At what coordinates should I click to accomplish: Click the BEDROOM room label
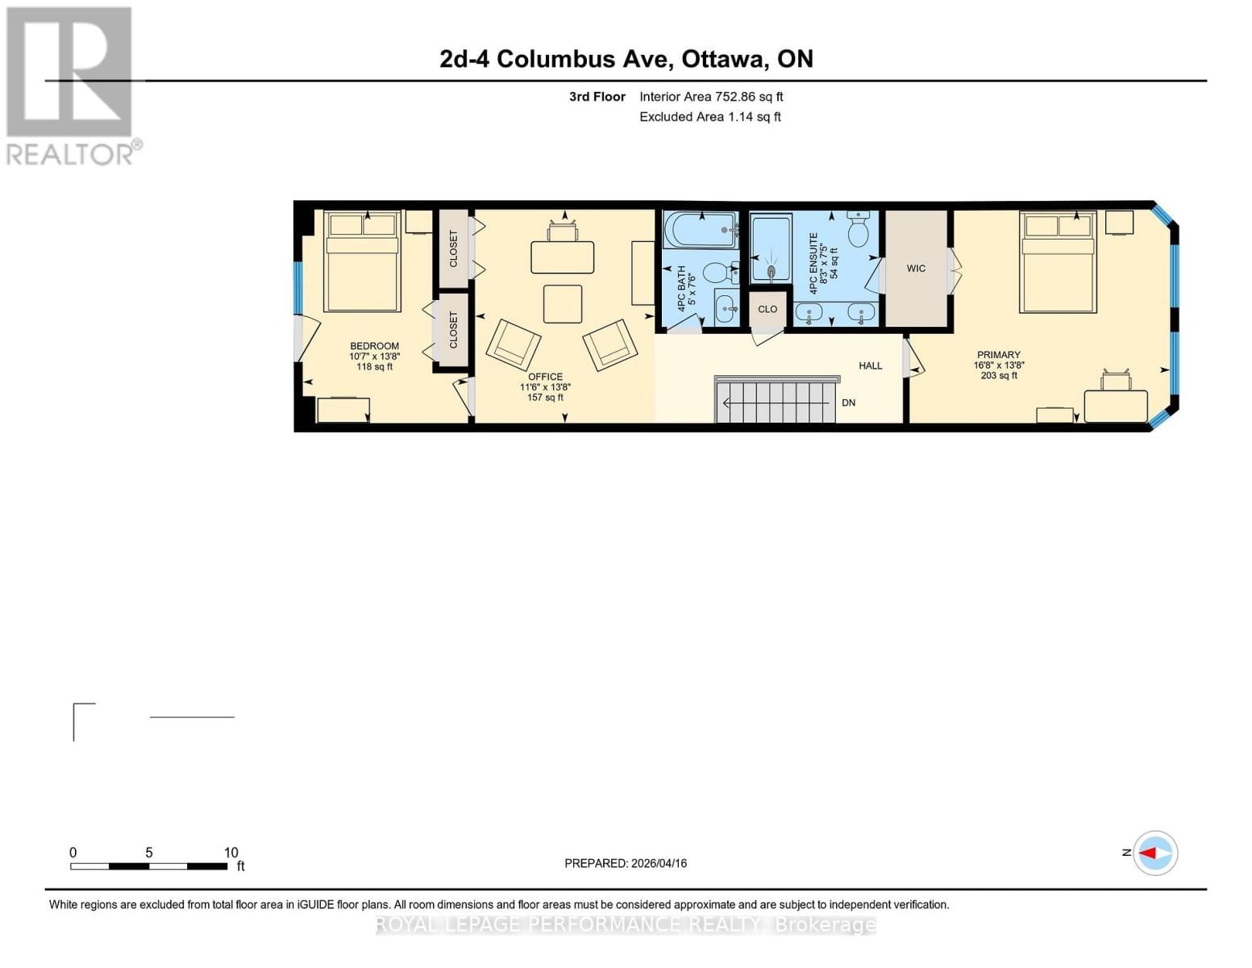pyautogui.click(x=374, y=346)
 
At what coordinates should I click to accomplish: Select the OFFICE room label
pyautogui.click(x=545, y=377)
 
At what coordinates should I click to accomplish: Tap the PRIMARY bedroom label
pyautogui.click(x=998, y=355)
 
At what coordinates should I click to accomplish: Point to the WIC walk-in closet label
pyautogui.click(x=916, y=269)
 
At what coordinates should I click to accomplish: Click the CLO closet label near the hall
pyautogui.click(x=767, y=309)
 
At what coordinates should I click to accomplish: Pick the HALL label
pyautogui.click(x=870, y=365)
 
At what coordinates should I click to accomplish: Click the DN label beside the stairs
pyautogui.click(x=848, y=403)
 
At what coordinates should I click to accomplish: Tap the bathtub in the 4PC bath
pyautogui.click(x=699, y=230)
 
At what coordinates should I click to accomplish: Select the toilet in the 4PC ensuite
pyautogui.click(x=858, y=230)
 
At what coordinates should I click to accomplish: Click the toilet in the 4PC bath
pyautogui.click(x=717, y=273)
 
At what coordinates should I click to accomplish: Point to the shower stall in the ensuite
pyautogui.click(x=770, y=248)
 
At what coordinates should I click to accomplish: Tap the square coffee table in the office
pyautogui.click(x=562, y=304)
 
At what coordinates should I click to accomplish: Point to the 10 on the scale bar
pyautogui.click(x=231, y=853)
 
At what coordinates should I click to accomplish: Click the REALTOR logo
pyautogui.click(x=70, y=85)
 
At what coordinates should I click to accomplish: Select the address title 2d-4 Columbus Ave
pyautogui.click(x=626, y=59)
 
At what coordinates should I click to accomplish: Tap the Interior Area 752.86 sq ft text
pyautogui.click(x=711, y=97)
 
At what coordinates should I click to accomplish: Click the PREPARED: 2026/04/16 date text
pyautogui.click(x=626, y=863)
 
